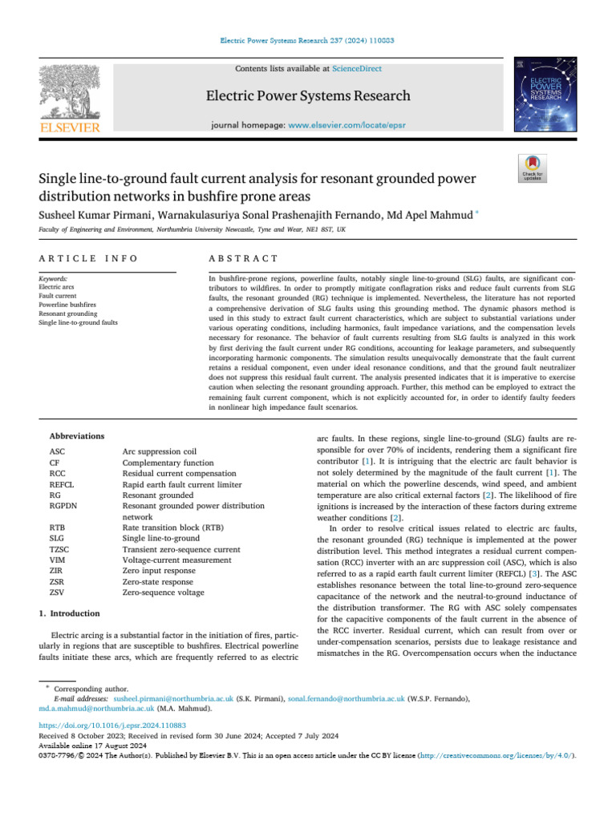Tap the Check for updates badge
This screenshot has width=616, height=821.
(x=533, y=169)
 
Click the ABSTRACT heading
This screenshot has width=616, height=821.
(x=243, y=258)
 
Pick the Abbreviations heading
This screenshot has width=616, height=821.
(x=77, y=435)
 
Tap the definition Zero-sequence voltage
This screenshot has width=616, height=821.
(x=162, y=592)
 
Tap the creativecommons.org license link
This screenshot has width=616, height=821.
(x=503, y=754)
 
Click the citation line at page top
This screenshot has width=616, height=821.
(x=307, y=39)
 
